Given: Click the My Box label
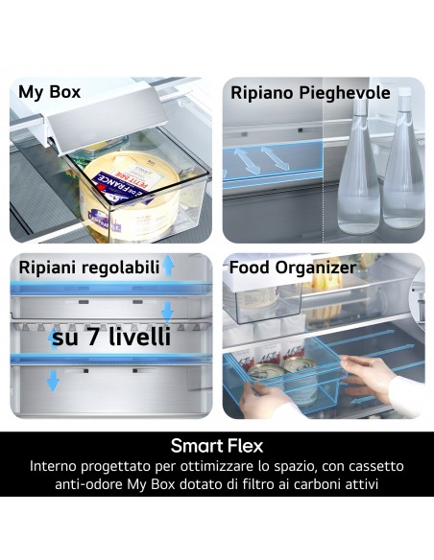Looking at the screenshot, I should coord(49,93).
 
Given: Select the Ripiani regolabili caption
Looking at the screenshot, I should coord(88,268).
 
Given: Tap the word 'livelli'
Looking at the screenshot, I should coord(138,338).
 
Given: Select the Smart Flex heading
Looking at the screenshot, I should coord(217,446).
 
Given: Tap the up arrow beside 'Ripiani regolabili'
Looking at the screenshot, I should coord(168,266).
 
